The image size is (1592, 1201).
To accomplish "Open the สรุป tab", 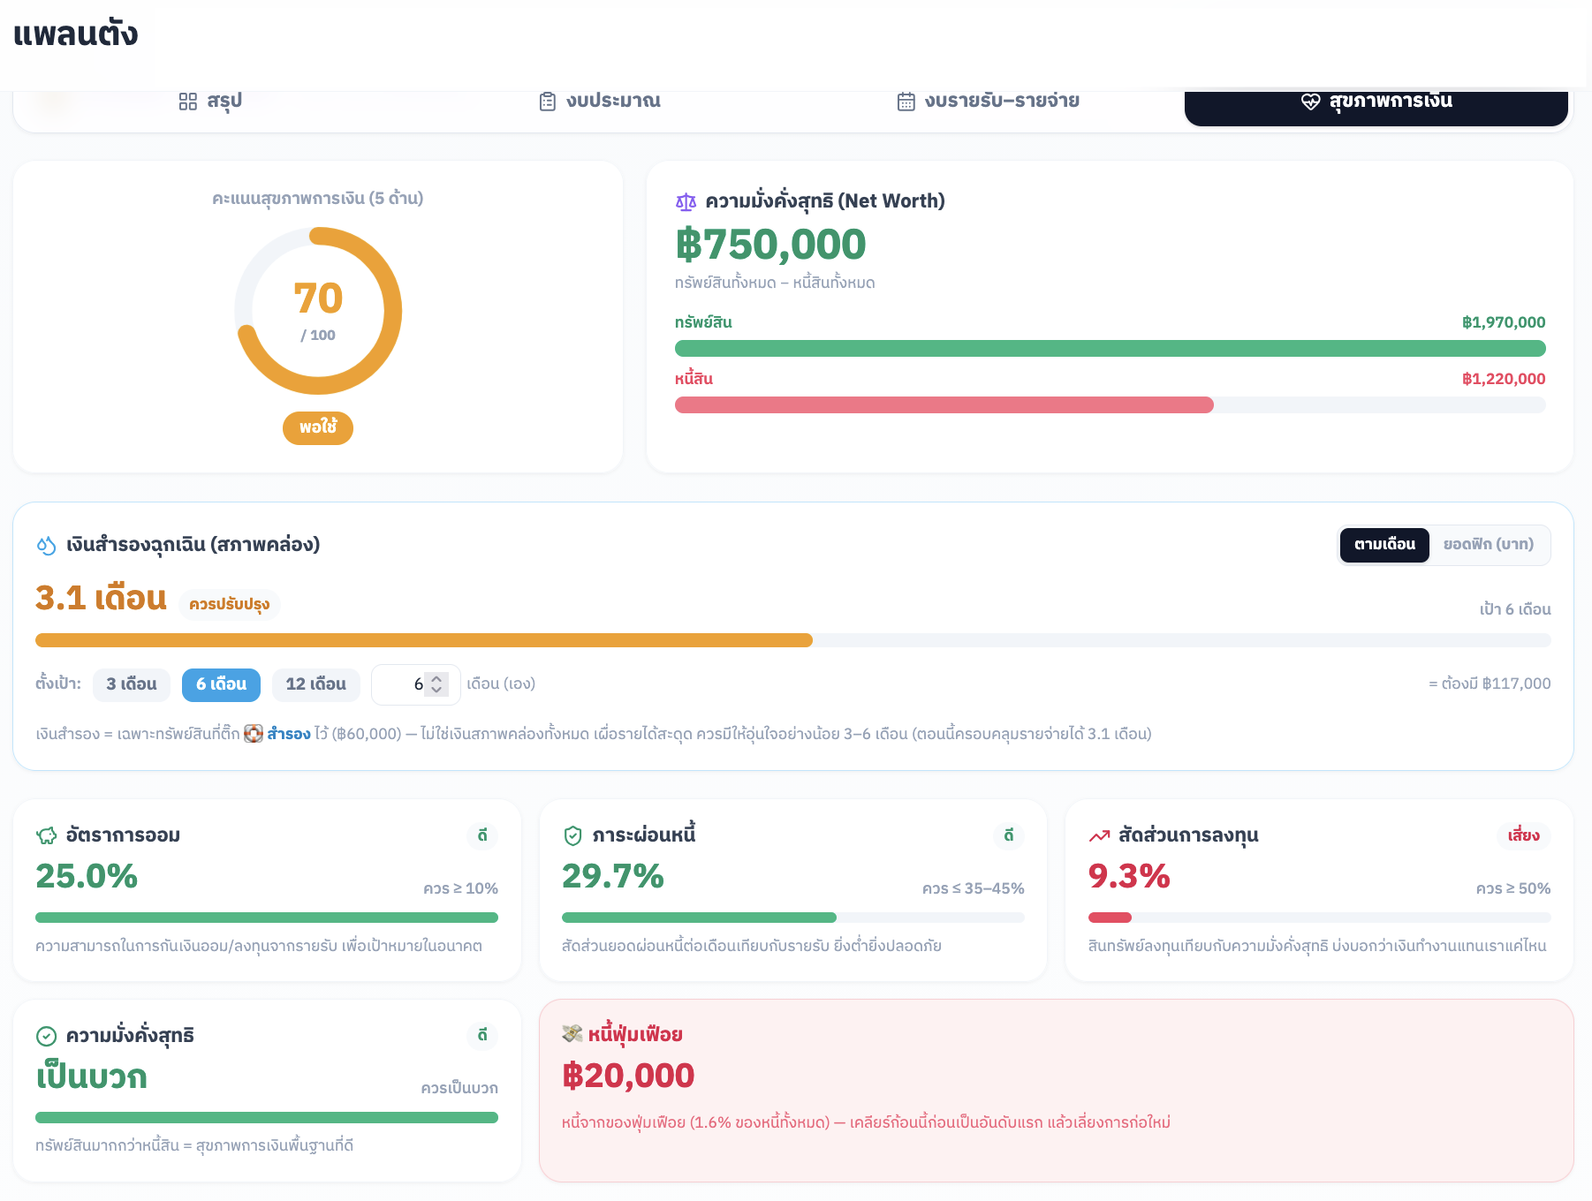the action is coord(210,102).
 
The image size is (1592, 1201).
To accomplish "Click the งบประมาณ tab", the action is coord(600,102).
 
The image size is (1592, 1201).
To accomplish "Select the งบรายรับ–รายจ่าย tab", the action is coord(988,102).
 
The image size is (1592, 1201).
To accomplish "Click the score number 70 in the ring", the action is coord(318,298).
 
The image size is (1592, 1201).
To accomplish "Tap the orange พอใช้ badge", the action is coord(318,427).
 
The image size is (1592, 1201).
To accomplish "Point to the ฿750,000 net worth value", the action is coord(770,245).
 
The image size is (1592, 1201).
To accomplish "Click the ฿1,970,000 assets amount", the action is coord(1504,322).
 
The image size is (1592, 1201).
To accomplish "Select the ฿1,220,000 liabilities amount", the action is coord(1504,379).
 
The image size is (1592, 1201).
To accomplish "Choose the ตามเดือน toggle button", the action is coord(1384,545).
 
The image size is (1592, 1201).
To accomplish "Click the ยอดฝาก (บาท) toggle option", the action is coord(1489,545).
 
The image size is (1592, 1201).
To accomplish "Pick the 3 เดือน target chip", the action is coord(132,684).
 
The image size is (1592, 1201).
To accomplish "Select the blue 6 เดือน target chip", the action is coord(221,684).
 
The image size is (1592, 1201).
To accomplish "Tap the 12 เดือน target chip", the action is coord(315,684).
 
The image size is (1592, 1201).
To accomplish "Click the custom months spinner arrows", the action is coord(436,684).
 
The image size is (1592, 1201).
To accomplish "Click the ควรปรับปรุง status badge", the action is coord(230,604).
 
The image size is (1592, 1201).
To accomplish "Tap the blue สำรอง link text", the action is coord(289,734).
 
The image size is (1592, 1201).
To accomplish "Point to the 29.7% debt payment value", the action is coord(613,876).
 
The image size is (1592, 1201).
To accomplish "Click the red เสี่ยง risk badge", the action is coord(1523,835).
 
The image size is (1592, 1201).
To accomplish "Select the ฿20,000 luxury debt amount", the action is coord(628,1076).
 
